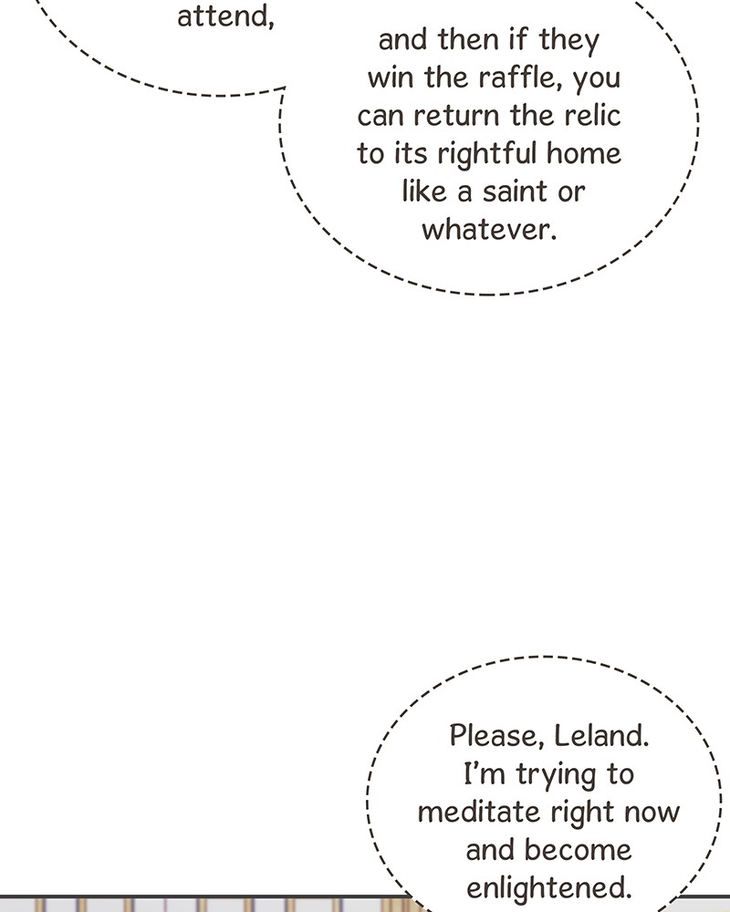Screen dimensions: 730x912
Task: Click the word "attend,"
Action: click(x=225, y=16)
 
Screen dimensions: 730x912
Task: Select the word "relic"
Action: click(x=592, y=115)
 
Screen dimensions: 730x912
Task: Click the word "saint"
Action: click(x=516, y=192)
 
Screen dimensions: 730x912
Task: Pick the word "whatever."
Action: click(x=489, y=229)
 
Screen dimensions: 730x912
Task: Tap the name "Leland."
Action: click(x=600, y=736)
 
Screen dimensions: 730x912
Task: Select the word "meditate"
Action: click(x=478, y=812)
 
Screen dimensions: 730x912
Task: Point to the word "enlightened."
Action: click(x=549, y=888)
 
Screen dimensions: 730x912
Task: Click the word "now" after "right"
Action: click(x=652, y=813)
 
